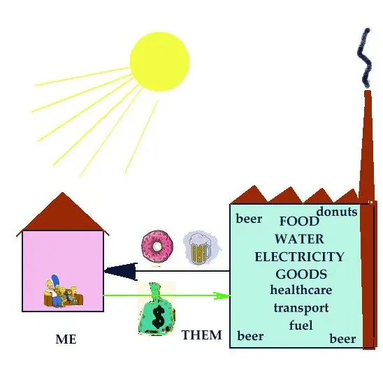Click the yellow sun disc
point(160,61)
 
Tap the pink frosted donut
point(157,246)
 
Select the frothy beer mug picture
point(201,248)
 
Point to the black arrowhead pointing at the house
point(121,271)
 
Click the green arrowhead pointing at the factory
point(222,295)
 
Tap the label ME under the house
point(66,339)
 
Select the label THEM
point(202,335)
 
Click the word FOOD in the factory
point(299,221)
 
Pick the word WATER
point(299,239)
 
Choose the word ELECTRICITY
point(299,256)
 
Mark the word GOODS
point(301,274)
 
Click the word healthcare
point(301,290)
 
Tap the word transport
point(301,308)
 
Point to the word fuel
point(301,325)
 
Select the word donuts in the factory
point(337,212)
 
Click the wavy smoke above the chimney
point(364,58)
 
